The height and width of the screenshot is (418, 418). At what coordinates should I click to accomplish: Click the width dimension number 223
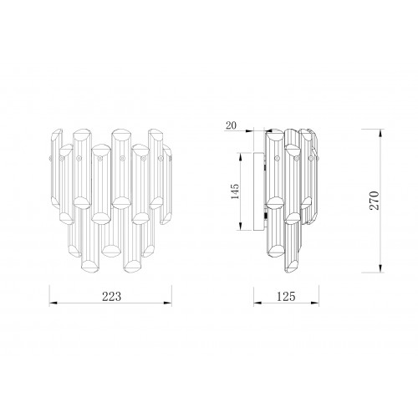(x=112, y=297)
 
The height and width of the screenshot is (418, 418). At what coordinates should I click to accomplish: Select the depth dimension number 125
(x=286, y=297)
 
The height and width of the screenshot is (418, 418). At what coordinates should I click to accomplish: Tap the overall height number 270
(x=375, y=201)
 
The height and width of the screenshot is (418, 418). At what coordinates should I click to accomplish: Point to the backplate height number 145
(x=235, y=191)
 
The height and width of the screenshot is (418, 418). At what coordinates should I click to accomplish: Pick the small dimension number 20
(x=231, y=125)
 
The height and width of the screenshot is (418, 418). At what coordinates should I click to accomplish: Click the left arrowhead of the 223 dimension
(x=53, y=303)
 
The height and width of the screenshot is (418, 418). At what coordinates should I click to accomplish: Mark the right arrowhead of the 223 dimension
(x=168, y=303)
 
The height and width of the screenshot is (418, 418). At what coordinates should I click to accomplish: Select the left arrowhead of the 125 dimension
(x=257, y=303)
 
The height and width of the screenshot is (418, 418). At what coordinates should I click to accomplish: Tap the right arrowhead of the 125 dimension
(x=315, y=303)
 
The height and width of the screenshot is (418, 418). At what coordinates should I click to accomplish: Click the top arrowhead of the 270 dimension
(x=380, y=133)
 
